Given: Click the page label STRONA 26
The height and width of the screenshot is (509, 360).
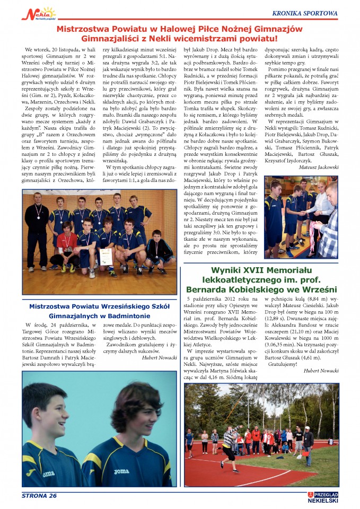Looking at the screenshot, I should click(39, 496).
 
